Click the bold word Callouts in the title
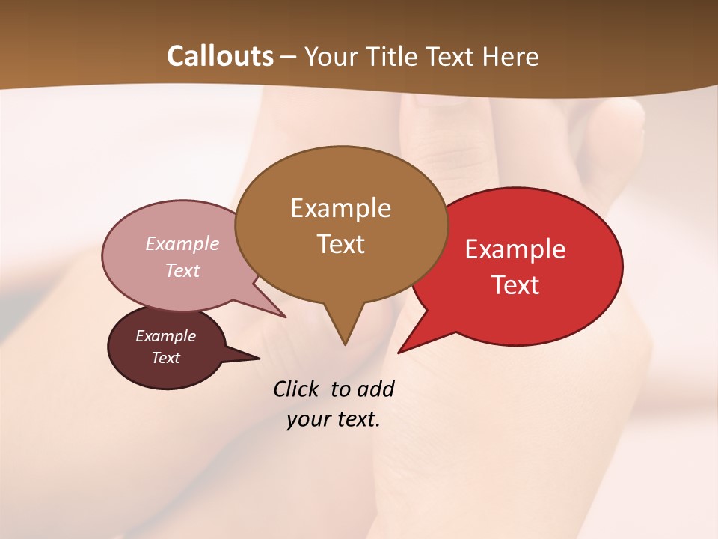(220, 56)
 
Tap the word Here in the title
(512, 56)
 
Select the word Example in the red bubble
(515, 249)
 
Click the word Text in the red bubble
(515, 284)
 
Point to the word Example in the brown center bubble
(340, 208)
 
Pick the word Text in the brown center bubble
(340, 243)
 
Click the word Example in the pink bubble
(182, 243)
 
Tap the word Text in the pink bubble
(182, 270)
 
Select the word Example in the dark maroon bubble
(165, 336)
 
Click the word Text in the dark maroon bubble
(165, 358)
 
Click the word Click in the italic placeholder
(297, 389)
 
